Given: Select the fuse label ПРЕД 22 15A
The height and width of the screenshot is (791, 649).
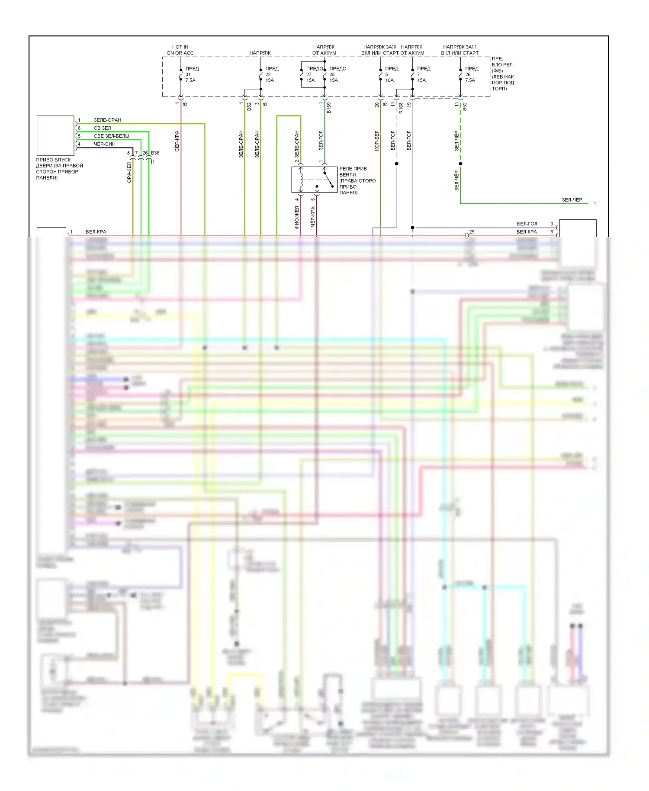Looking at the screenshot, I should tap(271, 74).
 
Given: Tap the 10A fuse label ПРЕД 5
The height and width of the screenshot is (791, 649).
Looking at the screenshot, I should tap(391, 74).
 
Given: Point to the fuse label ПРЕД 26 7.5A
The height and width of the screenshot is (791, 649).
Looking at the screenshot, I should tap(471, 74).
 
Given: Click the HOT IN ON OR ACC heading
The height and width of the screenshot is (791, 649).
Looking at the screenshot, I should tap(180, 50).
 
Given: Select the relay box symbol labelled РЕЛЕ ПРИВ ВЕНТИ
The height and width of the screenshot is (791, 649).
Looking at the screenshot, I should tap(314, 180).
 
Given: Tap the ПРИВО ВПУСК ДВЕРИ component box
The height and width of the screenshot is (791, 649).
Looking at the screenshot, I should tap(55, 135).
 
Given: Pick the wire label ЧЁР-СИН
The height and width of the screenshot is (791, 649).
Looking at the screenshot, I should tap(105, 144).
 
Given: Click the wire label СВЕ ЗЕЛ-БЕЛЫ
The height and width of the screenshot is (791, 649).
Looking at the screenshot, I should tap(111, 136).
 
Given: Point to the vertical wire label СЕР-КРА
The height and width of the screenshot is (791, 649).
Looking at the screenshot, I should tap(177, 141).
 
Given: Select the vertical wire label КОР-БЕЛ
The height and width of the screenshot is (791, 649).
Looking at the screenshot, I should tap(376, 141).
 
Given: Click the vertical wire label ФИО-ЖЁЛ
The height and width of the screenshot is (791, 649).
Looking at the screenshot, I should tap(297, 217).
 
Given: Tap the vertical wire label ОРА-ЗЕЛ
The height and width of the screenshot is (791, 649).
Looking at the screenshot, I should tap(129, 172).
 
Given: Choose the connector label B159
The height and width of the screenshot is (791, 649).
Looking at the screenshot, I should tap(329, 108).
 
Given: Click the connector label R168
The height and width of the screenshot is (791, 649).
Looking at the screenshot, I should tap(401, 108).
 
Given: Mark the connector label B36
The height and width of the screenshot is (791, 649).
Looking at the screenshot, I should tap(155, 153).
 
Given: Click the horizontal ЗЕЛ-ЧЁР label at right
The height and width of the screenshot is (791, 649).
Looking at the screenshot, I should tap(572, 200).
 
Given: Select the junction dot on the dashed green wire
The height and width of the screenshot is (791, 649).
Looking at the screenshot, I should tap(460, 164).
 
